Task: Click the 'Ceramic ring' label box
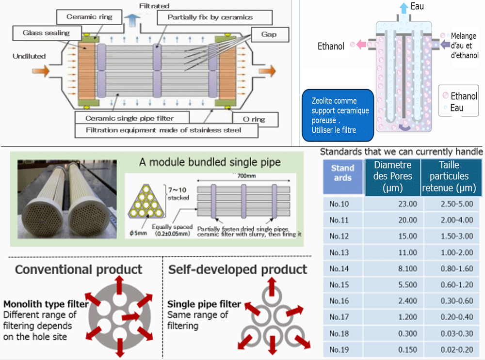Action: click(x=89, y=17)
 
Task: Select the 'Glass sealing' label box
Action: click(x=46, y=33)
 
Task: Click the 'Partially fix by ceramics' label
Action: click(x=210, y=17)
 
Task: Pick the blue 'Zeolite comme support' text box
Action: click(x=338, y=115)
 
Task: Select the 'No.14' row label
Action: click(x=339, y=268)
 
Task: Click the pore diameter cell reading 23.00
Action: click(x=407, y=203)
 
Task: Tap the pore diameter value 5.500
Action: click(x=407, y=284)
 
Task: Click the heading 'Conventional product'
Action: click(x=79, y=269)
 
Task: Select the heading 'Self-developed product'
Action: click(x=238, y=269)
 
